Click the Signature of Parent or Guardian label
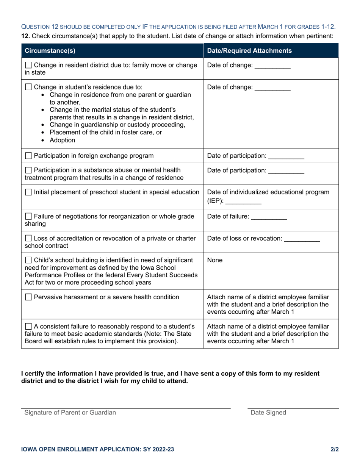tap(70, 413)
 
